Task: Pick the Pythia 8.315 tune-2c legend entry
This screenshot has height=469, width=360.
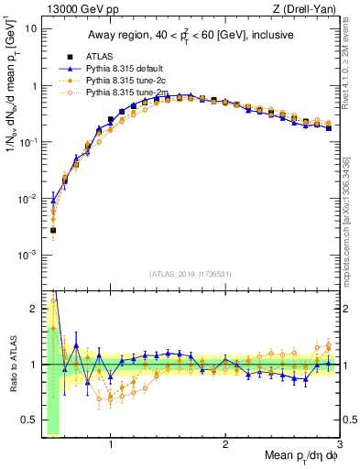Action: pos(129,81)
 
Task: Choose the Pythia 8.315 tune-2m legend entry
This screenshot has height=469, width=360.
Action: pos(130,93)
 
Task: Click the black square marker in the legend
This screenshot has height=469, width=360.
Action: pos(70,56)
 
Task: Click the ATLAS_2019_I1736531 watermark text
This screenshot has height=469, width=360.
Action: pos(191,274)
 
